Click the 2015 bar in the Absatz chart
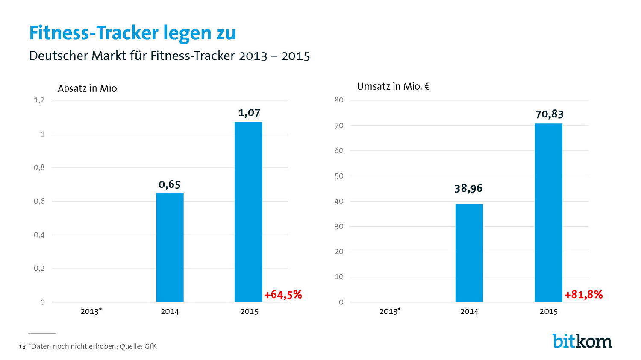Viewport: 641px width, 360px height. tap(248, 212)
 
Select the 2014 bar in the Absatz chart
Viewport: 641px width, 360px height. tap(170, 248)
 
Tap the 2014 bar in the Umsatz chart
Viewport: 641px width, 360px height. tap(469, 253)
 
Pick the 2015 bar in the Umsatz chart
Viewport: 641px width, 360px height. tap(548, 213)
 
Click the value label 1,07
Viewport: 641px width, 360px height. tap(249, 113)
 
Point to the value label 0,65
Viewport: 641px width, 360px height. tap(170, 184)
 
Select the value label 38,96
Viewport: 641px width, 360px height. tap(468, 188)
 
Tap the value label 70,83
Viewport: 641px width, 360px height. tap(550, 114)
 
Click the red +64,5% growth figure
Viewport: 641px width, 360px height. tap(283, 295)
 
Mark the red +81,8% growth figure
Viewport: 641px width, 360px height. tap(583, 295)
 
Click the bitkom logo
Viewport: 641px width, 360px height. tap(582, 341)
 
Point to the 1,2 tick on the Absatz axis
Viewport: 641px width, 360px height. tap(39, 100)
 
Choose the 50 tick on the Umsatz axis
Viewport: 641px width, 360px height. tap(339, 176)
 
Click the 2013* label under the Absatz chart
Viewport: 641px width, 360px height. tap(91, 311)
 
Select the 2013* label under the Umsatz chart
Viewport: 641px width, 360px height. tap(390, 311)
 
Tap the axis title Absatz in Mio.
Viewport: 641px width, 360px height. tap(88, 88)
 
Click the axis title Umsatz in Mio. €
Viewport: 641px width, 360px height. tap(393, 86)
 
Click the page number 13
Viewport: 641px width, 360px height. tap(22, 347)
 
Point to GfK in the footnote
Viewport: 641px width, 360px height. tap(150, 346)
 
